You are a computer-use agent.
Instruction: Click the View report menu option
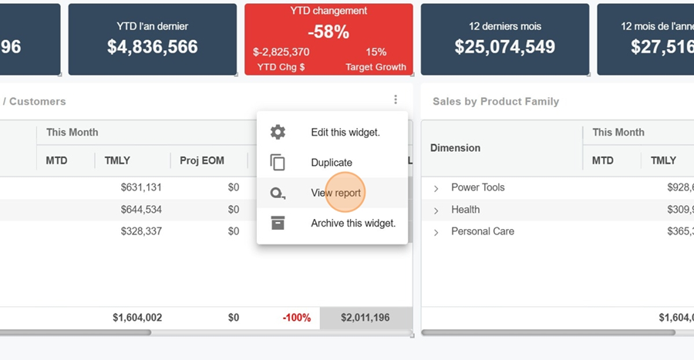tap(335, 193)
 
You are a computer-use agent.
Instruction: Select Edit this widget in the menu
tap(345, 133)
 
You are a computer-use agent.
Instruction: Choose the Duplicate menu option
tap(332, 163)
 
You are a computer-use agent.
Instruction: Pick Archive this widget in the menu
tap(352, 224)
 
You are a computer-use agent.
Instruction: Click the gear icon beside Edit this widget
tap(278, 133)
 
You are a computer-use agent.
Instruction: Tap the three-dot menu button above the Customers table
tap(396, 100)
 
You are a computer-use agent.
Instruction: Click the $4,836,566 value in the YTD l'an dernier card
tap(153, 47)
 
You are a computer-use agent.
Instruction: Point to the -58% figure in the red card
tap(328, 32)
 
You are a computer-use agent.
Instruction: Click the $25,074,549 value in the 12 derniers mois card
tap(504, 47)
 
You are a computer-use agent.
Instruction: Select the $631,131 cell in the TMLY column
tap(141, 187)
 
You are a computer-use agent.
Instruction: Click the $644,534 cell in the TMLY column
tap(141, 210)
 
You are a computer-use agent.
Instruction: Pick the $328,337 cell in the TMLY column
tap(141, 231)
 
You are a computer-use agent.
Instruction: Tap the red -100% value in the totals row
tap(296, 318)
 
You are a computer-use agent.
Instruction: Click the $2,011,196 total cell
tap(365, 318)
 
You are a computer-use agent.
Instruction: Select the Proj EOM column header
tap(201, 160)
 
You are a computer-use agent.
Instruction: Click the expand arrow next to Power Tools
tap(436, 188)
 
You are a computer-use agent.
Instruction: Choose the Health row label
tap(465, 210)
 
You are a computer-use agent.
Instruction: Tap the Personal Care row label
tap(482, 231)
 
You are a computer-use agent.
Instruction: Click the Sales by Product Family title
tap(495, 102)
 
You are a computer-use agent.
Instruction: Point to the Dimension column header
tap(455, 148)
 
